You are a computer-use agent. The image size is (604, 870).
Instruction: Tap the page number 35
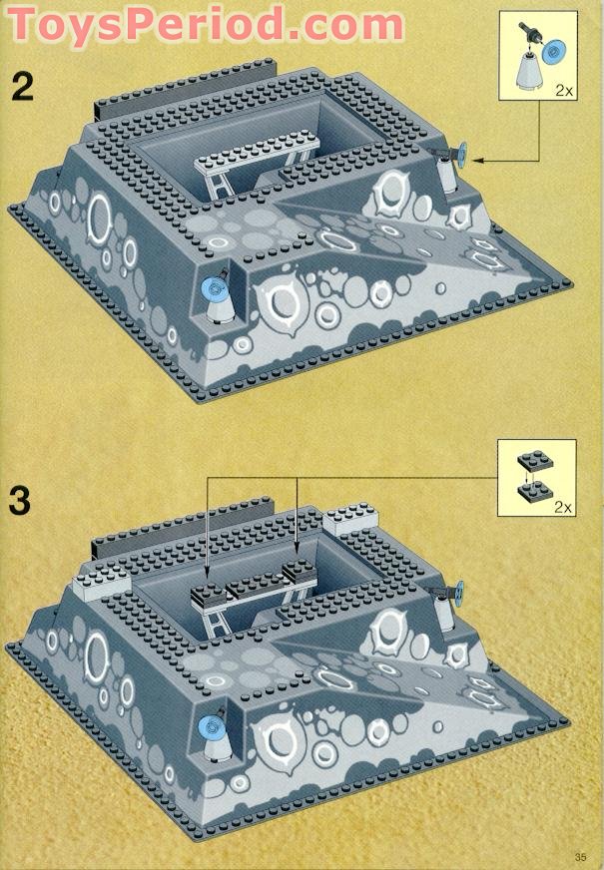click(580, 856)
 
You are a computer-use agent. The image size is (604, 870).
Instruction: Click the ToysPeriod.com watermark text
click(205, 22)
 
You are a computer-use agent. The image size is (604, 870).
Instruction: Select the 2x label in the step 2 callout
click(564, 90)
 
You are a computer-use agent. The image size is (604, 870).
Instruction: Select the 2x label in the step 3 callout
click(563, 507)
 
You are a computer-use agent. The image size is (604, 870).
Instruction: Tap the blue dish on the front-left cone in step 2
click(213, 289)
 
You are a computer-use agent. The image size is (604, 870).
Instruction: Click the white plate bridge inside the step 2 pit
click(258, 160)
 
